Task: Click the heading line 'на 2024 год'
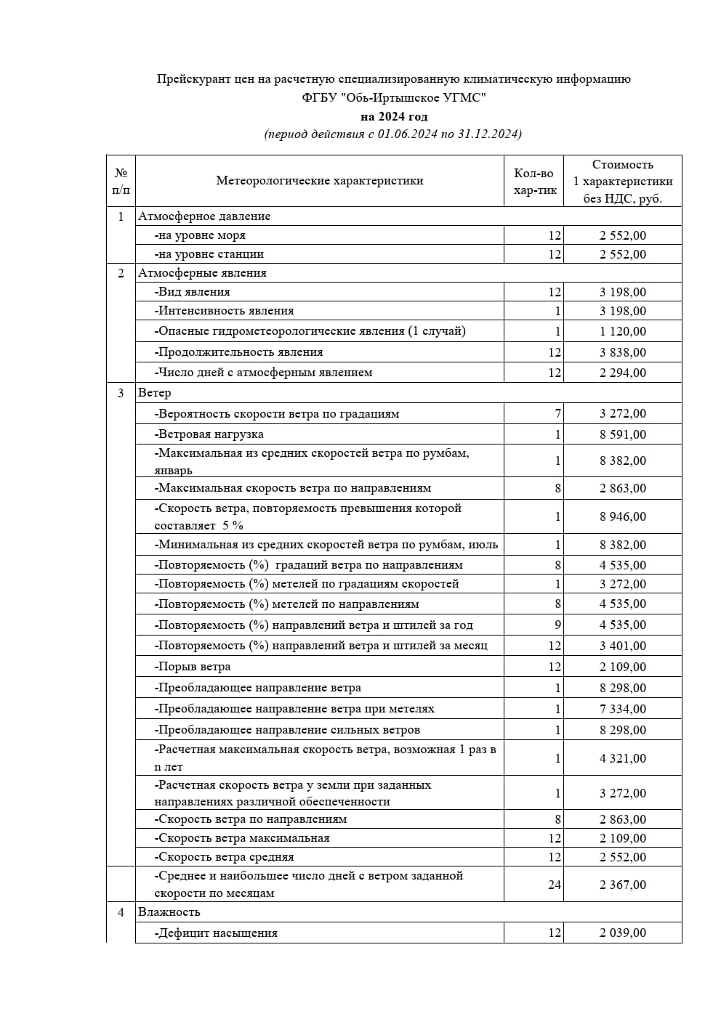(394, 116)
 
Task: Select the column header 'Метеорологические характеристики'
(319, 181)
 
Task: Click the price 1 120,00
(622, 331)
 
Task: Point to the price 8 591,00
(622, 434)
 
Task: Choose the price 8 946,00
(622, 516)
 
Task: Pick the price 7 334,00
(622, 709)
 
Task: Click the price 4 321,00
(622, 758)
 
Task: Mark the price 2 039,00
(622, 933)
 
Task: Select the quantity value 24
(555, 885)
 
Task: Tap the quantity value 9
(558, 625)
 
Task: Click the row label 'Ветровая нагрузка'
(209, 434)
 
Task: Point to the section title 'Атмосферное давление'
(204, 216)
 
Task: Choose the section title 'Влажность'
(169, 912)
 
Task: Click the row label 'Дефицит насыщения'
(216, 933)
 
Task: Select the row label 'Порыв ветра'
(193, 667)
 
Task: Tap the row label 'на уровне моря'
(200, 235)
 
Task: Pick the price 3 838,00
(622, 352)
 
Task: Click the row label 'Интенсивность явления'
(224, 311)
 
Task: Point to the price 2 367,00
(622, 885)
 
